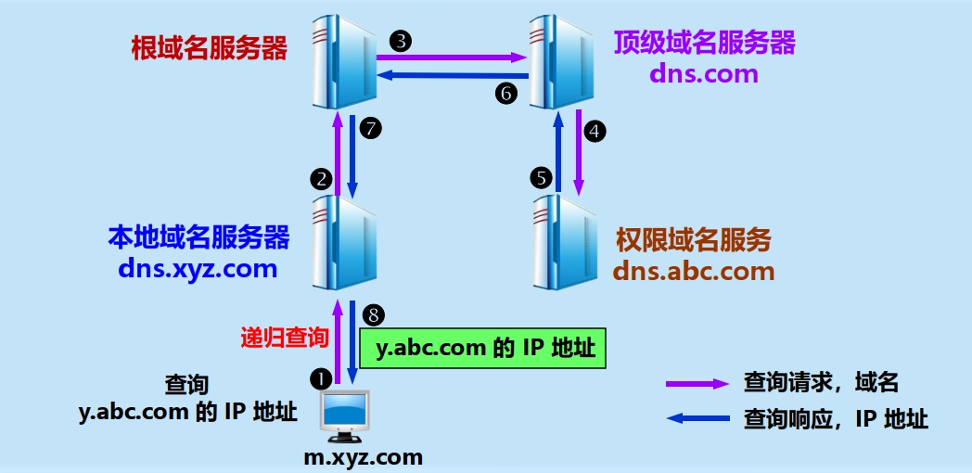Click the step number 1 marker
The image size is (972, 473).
(321, 377)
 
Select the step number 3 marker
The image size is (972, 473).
(401, 40)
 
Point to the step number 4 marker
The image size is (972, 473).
(595, 132)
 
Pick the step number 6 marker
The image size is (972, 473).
(505, 93)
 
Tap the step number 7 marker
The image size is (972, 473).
(371, 130)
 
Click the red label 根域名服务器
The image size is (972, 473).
(210, 47)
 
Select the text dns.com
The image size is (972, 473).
(704, 73)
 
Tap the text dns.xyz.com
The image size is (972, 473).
(198, 269)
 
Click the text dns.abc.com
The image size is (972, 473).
(694, 272)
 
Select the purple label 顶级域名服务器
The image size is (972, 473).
(704, 43)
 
